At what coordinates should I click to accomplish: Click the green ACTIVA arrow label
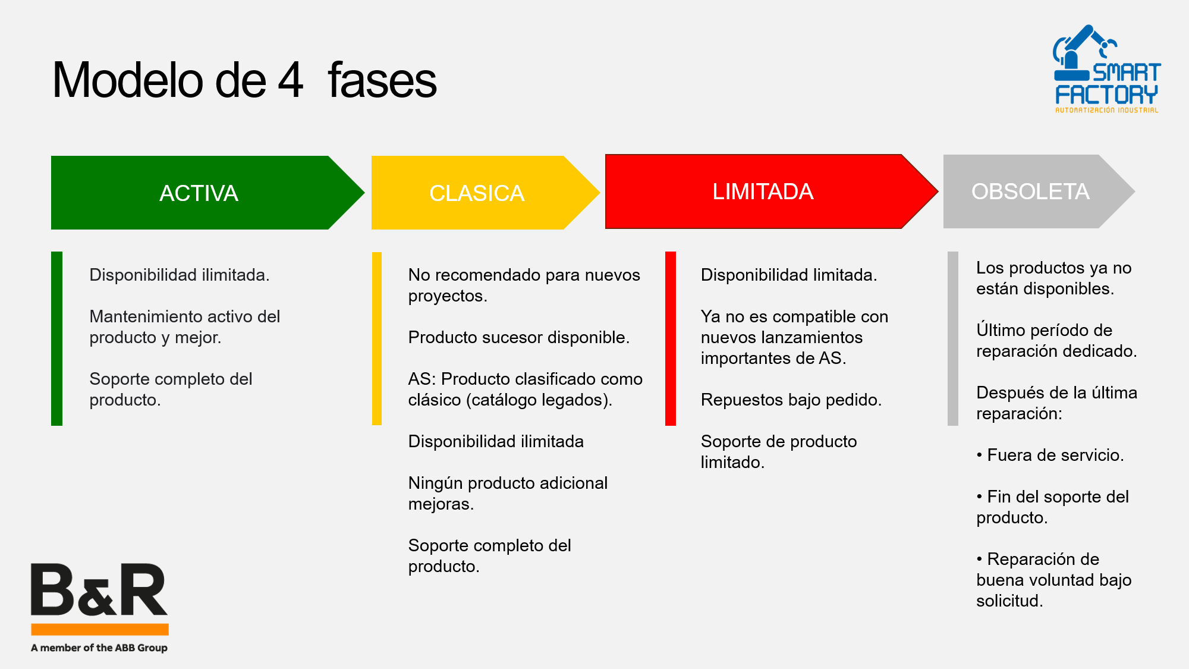coord(199,193)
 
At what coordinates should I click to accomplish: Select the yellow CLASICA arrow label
coord(477,193)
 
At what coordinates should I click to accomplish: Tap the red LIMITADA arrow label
coord(763,191)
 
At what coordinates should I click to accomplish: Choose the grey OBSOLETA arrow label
coord(1030,191)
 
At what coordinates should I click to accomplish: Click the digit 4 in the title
coord(291,80)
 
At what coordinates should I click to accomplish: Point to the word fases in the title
coord(382,80)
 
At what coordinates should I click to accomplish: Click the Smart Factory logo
coord(1106,69)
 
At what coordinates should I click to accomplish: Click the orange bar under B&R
coord(100,629)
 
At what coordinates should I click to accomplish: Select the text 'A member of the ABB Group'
coord(99,648)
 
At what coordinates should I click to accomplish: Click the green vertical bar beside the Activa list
coord(56,338)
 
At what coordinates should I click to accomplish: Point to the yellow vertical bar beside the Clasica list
coord(376,338)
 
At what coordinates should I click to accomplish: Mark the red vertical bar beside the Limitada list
coord(671,338)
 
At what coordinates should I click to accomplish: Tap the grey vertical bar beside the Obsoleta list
coord(953,338)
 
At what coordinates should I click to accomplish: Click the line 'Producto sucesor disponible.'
coord(519,337)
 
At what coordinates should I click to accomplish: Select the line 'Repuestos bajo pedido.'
coord(791,400)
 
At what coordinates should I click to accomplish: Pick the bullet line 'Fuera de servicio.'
coord(1050,455)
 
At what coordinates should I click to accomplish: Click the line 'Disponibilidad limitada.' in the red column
coord(789,275)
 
